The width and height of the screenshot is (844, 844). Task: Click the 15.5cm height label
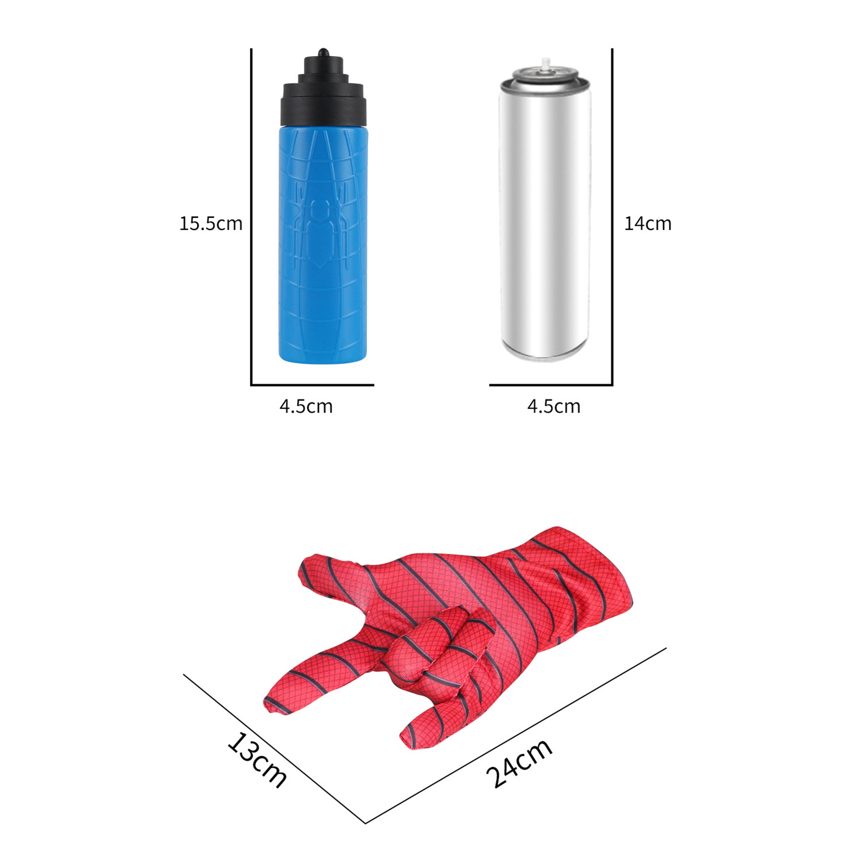210,223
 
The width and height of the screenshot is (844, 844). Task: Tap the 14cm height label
648,223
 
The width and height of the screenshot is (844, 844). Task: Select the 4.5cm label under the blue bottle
306,406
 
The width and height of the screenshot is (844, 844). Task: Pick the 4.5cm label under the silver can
554,406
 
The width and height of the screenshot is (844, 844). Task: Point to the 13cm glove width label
257,760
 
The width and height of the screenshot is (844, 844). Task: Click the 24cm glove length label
519,763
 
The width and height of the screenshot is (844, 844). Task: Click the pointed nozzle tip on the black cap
323,51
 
